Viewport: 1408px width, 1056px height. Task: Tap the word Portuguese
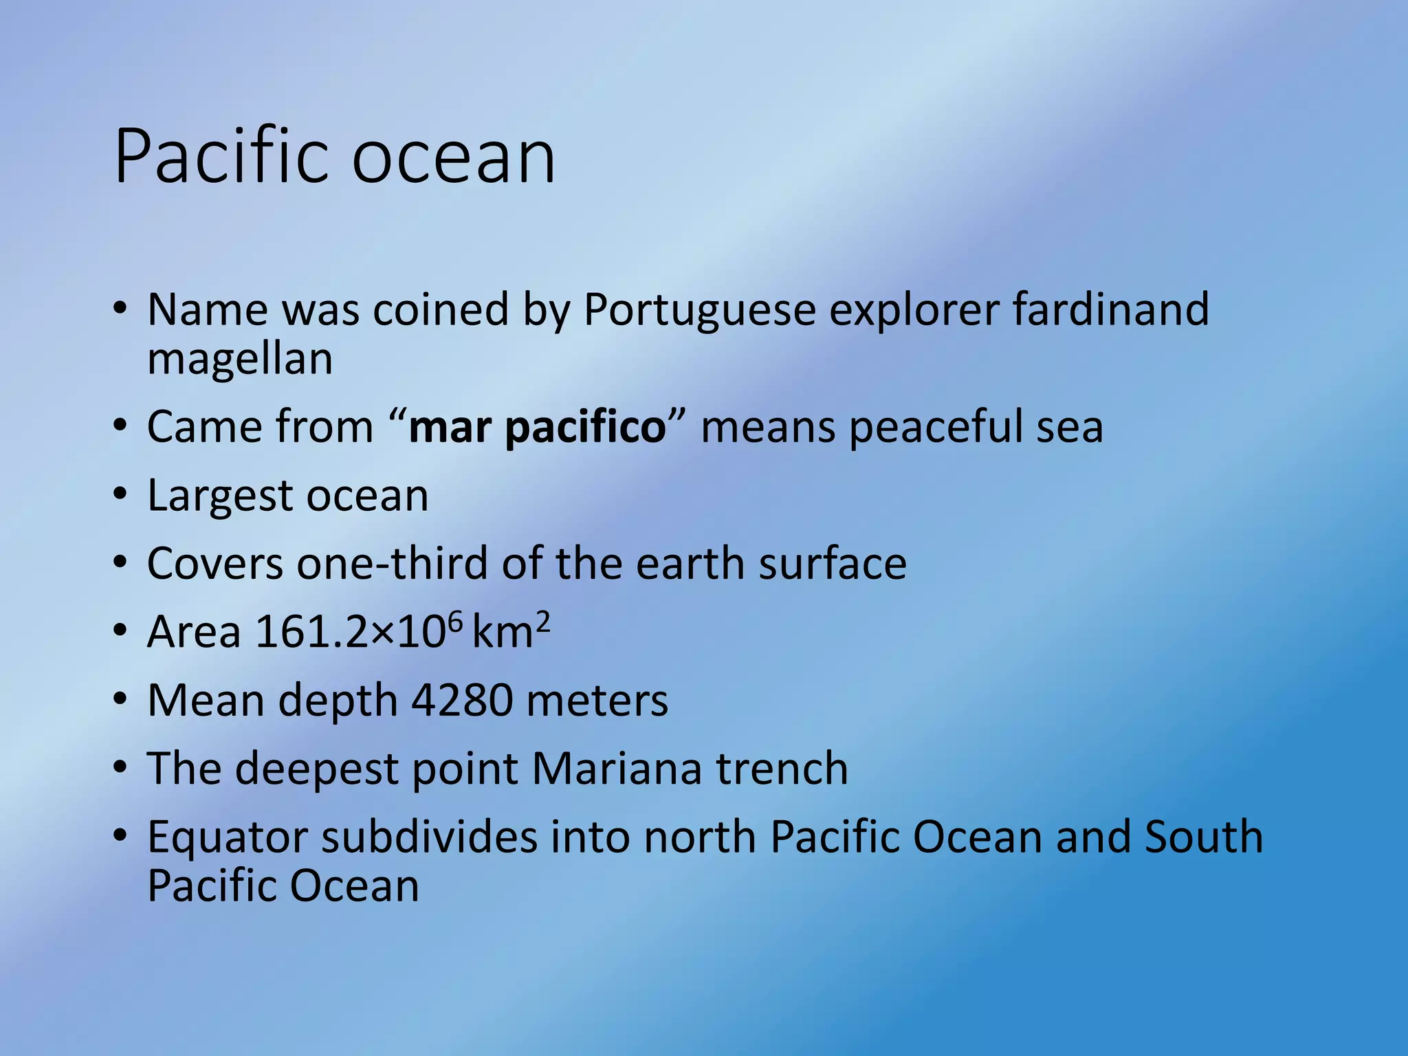(x=699, y=310)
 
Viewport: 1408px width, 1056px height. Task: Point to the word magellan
(x=240, y=360)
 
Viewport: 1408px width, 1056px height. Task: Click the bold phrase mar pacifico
(x=537, y=427)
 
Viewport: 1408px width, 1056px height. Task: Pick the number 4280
(x=462, y=701)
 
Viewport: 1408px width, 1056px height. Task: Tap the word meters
(x=597, y=701)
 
